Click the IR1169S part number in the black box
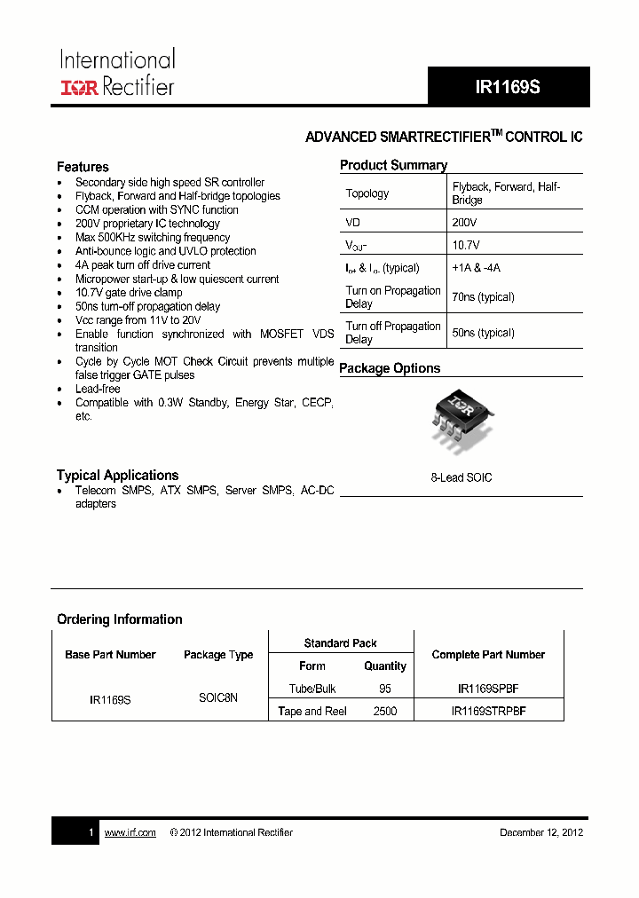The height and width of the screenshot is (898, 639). coord(508,87)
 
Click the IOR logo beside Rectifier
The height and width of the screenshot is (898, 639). coord(80,87)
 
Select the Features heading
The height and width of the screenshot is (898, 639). coord(83,167)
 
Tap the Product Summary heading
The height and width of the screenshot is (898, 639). coord(393,165)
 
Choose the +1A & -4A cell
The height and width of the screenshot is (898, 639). coord(476,268)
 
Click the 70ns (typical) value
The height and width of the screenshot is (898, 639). coord(483,297)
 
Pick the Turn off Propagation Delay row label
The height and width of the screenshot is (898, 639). coord(392,333)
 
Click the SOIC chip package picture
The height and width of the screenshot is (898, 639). coord(461,417)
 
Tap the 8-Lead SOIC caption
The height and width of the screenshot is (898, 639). coord(461,477)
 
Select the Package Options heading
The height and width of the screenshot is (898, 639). coord(390,368)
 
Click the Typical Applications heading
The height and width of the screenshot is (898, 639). coord(117,476)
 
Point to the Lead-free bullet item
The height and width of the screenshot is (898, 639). coord(98,389)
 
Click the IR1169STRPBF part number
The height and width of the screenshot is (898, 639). coord(488,712)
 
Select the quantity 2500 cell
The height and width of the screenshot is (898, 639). coord(385,712)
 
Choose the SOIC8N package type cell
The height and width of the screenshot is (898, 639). coord(218,698)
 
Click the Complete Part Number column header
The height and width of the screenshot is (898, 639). coord(488,655)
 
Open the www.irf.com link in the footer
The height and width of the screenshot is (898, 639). coord(130,832)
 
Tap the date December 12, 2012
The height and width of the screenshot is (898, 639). coord(541,832)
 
